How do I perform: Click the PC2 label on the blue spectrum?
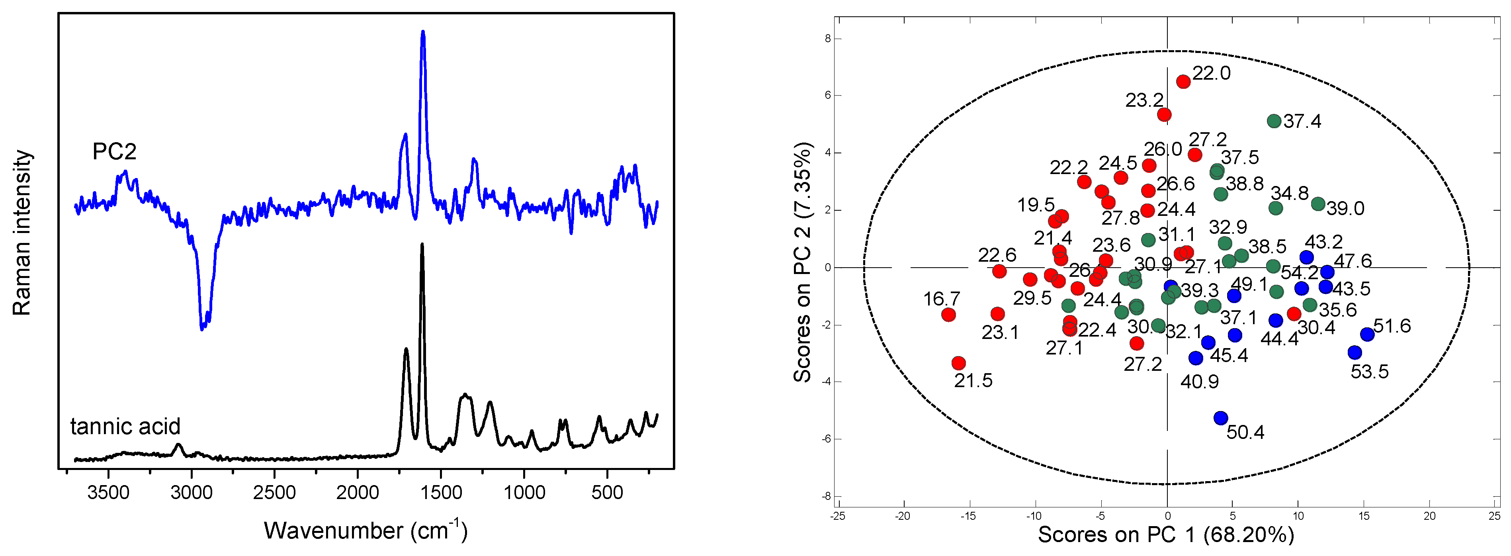pyautogui.click(x=114, y=152)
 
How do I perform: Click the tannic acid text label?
pyautogui.click(x=125, y=427)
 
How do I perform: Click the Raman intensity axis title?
pyautogui.click(x=22, y=233)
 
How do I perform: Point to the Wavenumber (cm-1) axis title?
pyautogui.click(x=366, y=530)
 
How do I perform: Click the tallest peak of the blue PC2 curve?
pyautogui.click(x=423, y=33)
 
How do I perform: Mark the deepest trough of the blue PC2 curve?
pyautogui.click(x=202, y=329)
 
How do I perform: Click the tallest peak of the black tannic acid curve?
pyautogui.click(x=422, y=245)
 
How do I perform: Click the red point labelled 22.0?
pyautogui.click(x=1183, y=82)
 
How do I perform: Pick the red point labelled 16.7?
pyautogui.click(x=948, y=315)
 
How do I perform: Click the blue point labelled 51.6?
pyautogui.click(x=1367, y=334)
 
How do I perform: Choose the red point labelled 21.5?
pyautogui.click(x=958, y=363)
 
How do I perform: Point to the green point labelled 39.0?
pyautogui.click(x=1318, y=204)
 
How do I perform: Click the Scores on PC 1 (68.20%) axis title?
pyautogui.click(x=1166, y=535)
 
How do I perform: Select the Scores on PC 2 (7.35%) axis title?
pyautogui.click(x=802, y=262)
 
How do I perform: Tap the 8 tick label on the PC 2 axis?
pyautogui.click(x=828, y=39)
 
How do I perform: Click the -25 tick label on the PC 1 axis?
pyautogui.click(x=838, y=516)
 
